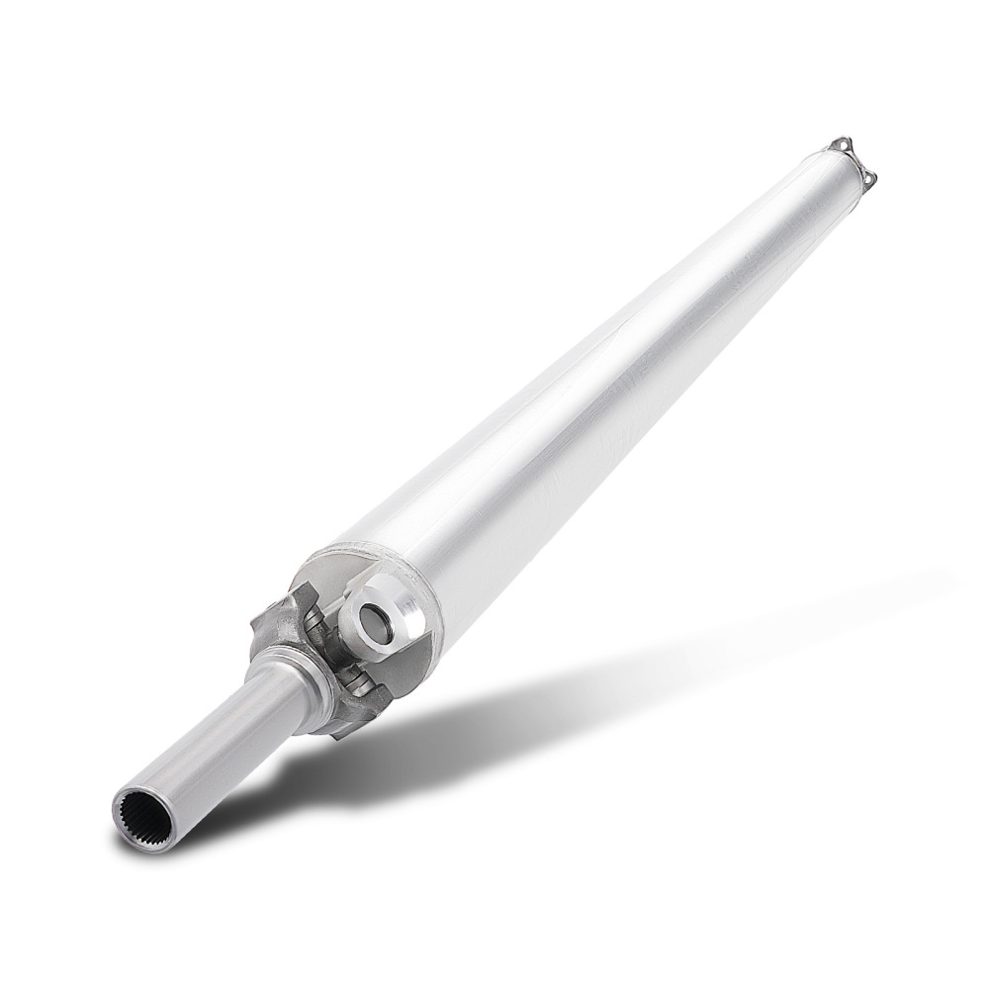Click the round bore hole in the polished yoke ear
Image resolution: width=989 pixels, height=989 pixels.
pyautogui.click(x=377, y=621)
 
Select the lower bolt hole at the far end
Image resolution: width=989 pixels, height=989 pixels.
pyautogui.click(x=870, y=177)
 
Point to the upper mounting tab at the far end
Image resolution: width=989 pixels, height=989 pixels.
pyautogui.click(x=839, y=146)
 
